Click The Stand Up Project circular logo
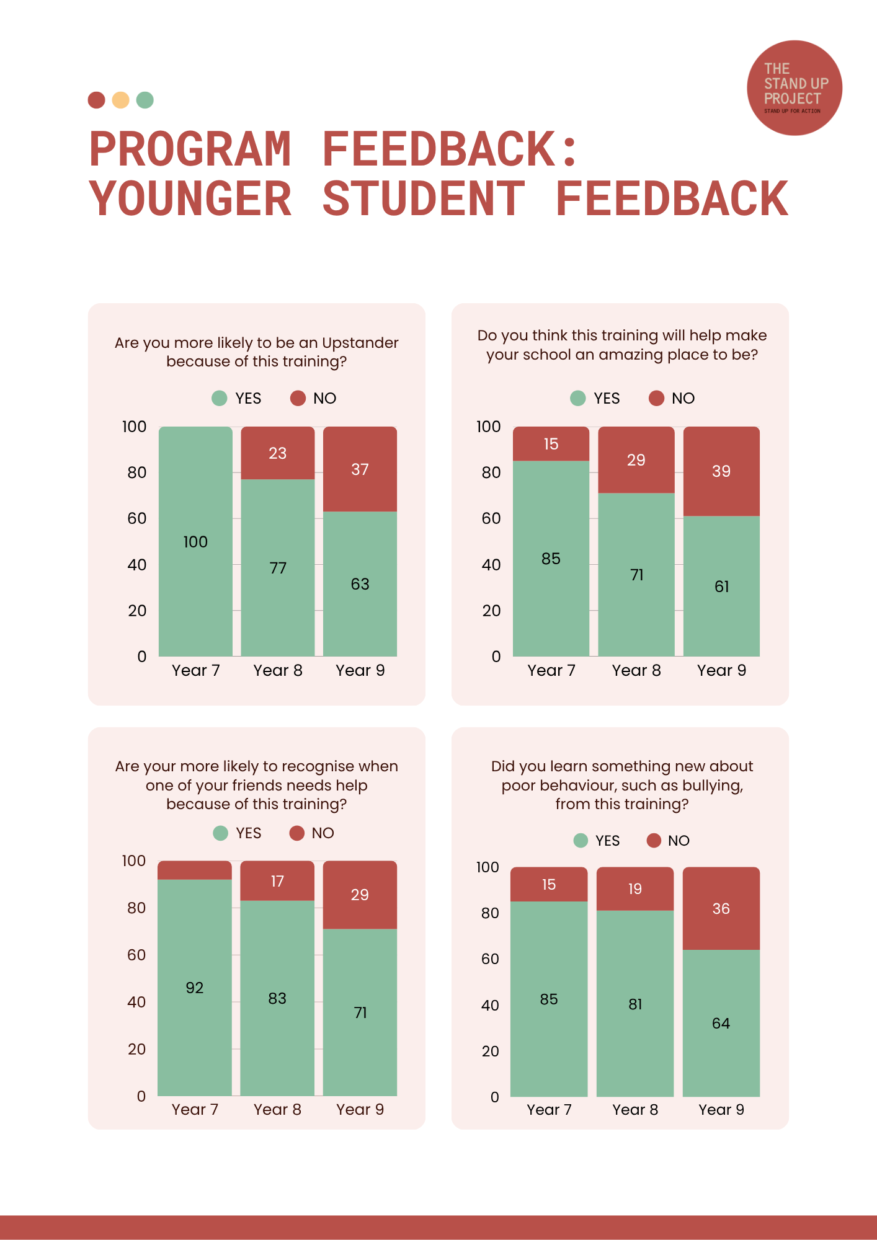point(795,88)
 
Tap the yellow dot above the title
point(120,100)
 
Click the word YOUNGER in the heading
point(190,199)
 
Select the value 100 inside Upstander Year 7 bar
point(195,542)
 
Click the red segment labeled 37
point(360,469)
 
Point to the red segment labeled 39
point(721,471)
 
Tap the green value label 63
point(360,584)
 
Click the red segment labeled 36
point(721,909)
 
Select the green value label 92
point(195,988)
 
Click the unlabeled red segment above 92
point(195,870)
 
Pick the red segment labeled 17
point(277,881)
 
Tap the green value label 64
point(721,1023)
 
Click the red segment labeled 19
point(635,889)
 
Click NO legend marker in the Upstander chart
point(298,398)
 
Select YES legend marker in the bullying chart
point(581,841)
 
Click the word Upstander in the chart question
point(360,343)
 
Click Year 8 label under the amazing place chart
point(636,670)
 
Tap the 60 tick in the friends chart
point(136,955)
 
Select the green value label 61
point(721,587)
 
